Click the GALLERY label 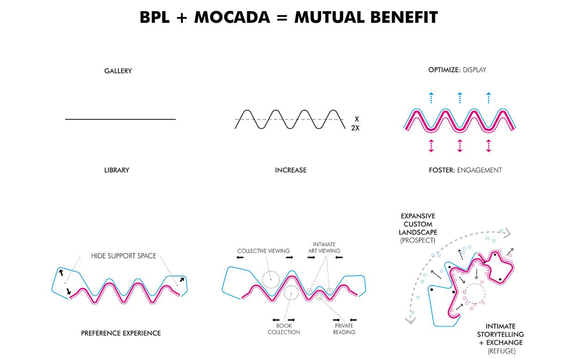tap(118, 71)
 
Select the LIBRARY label tap(117, 170)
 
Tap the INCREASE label tap(290, 170)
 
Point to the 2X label tap(355, 128)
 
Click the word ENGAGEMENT tap(479, 170)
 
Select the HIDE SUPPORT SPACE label tap(123, 256)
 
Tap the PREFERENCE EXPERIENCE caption tap(121, 333)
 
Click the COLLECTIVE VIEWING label tap(264, 251)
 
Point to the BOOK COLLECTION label tap(284, 329)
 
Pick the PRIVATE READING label tap(344, 329)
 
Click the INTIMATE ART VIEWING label tap(324, 248)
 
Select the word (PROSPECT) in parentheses tap(418, 241)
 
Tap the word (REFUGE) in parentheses tap(501, 351)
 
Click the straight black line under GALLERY tap(120, 119)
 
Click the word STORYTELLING tap(501, 334)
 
